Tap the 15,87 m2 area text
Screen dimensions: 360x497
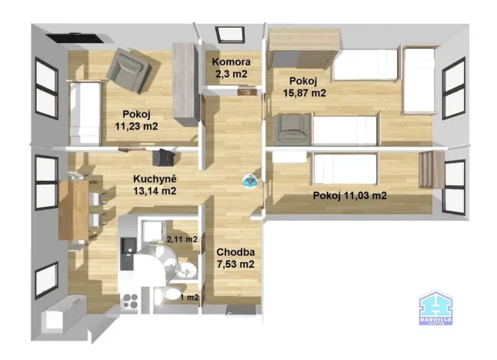(307, 93)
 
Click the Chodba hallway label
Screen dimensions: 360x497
(235, 252)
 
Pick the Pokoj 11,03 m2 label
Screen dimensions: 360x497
(349, 195)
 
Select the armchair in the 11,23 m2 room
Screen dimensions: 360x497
(132, 68)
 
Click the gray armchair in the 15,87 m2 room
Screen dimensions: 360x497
(291, 128)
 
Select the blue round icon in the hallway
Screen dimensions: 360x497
(250, 181)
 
